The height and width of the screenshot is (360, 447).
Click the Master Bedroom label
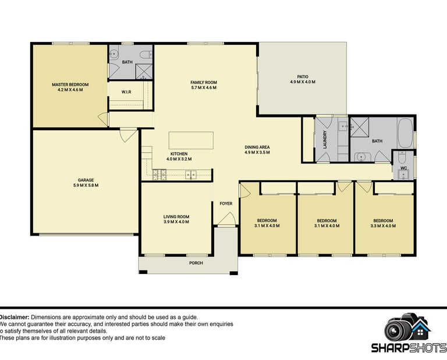(70, 84)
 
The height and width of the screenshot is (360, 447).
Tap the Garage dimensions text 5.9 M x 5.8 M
(86, 185)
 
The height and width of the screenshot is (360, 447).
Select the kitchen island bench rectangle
(191, 140)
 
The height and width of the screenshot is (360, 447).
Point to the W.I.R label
(126, 92)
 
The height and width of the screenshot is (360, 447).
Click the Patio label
(303, 77)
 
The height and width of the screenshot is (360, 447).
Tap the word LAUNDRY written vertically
(325, 140)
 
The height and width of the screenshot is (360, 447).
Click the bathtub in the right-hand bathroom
(405, 133)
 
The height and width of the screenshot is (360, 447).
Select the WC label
(404, 168)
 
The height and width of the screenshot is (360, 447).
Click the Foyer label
(226, 204)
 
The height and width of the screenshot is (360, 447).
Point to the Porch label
(196, 263)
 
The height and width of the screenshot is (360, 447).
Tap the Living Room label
(176, 217)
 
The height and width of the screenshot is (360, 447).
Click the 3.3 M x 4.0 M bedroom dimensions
(383, 226)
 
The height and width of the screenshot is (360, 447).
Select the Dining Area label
(257, 147)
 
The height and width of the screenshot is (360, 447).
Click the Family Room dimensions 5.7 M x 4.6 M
(204, 87)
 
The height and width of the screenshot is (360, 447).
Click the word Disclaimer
(14, 317)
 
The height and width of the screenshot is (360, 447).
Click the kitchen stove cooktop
(159, 174)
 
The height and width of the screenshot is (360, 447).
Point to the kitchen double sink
(191, 174)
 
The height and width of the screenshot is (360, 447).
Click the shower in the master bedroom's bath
(144, 72)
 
